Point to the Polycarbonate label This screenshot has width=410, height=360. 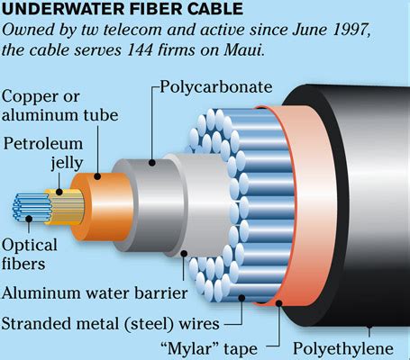(216, 87)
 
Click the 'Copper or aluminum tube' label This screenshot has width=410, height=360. (59, 106)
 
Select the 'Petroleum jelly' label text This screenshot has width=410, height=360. (43, 153)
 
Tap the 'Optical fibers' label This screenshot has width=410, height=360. (29, 255)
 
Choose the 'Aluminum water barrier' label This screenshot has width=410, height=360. (95, 292)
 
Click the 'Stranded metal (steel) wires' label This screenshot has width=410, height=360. (111, 324)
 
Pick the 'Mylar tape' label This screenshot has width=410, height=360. (209, 348)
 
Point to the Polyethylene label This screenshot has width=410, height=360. (343, 349)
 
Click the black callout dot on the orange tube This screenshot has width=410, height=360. (97, 176)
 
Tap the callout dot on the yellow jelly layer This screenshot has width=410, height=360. (59, 192)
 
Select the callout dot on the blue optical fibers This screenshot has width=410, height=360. (29, 219)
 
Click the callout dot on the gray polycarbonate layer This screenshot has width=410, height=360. (152, 163)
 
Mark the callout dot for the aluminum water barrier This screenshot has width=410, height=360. (184, 254)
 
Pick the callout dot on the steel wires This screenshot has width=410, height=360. (241, 298)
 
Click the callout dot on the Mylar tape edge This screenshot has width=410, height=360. (278, 303)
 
